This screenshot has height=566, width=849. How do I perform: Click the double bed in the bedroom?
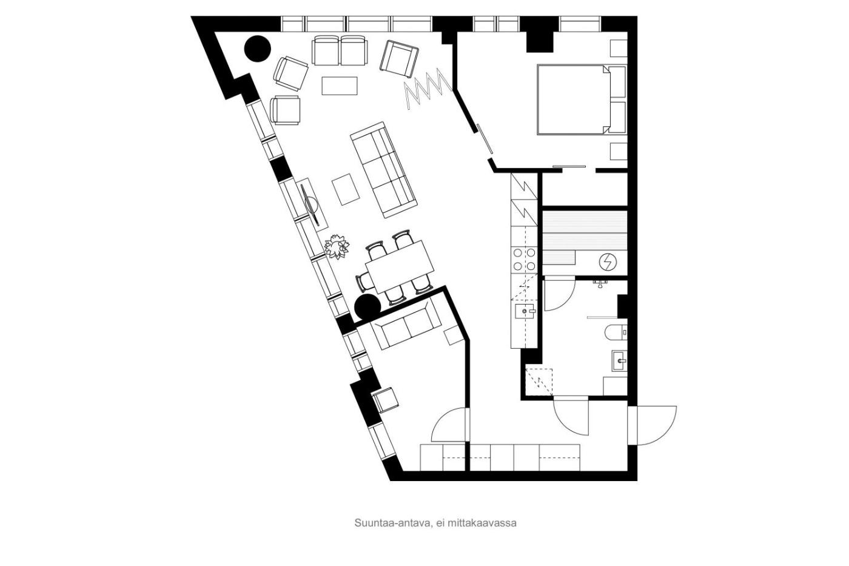[x=574, y=99]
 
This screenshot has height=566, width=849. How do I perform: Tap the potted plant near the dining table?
[x=337, y=247]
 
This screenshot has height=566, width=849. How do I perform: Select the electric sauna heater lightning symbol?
[x=608, y=262]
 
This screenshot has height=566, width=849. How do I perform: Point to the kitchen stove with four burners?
[x=524, y=259]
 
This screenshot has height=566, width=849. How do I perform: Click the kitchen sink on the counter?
[x=525, y=311]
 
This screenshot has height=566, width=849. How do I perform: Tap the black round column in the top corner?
[x=257, y=49]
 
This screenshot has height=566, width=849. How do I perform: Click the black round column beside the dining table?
[x=367, y=307]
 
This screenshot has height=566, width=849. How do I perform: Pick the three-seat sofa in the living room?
[x=383, y=170]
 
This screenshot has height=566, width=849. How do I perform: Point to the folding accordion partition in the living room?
[x=428, y=89]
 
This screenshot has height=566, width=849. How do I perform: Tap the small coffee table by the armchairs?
[x=339, y=86]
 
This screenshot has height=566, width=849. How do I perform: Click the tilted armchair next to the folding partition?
[x=399, y=59]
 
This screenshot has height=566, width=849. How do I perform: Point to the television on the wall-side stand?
[x=312, y=204]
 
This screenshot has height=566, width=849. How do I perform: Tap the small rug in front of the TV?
[x=346, y=189]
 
